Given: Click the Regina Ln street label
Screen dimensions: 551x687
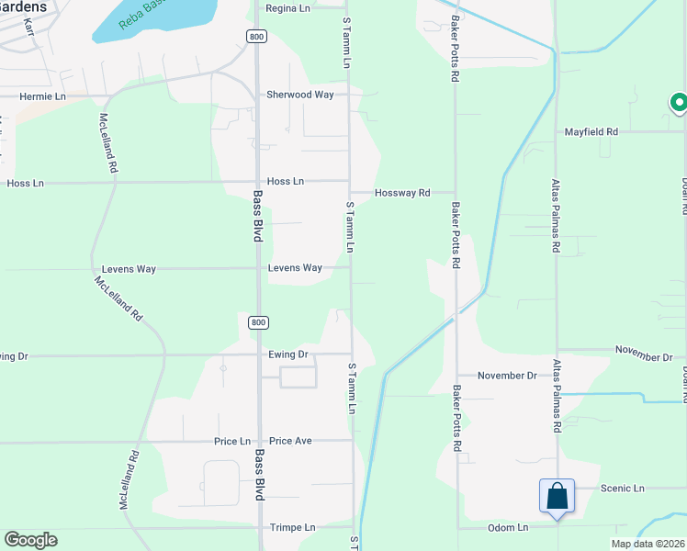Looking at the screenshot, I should (287, 8).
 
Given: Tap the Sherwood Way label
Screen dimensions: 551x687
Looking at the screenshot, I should (299, 95).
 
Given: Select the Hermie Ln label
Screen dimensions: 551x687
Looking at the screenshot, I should (43, 96).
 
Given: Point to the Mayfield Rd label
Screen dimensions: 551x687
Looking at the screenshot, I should (591, 131).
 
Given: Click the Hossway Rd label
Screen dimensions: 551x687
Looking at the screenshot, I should (402, 193).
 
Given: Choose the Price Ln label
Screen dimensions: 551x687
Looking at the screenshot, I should (231, 441).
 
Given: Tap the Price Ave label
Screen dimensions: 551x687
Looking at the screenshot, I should (290, 441).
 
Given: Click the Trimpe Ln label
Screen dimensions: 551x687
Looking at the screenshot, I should (292, 528).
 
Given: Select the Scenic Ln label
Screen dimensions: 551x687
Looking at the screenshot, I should (623, 489).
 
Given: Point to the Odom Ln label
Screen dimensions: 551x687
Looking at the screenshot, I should (509, 527).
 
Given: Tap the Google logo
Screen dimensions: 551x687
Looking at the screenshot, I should (30, 540).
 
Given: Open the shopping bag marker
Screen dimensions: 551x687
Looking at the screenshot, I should (557, 496).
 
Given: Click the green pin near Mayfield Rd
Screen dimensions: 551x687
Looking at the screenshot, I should (679, 104).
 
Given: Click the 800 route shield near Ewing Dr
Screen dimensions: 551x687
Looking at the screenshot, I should (258, 322).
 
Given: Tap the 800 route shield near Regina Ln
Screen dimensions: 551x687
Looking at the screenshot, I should (256, 35).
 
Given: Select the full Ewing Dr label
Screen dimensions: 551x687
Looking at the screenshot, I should (288, 354).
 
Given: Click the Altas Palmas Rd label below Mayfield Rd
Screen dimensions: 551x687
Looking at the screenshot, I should (556, 216).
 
